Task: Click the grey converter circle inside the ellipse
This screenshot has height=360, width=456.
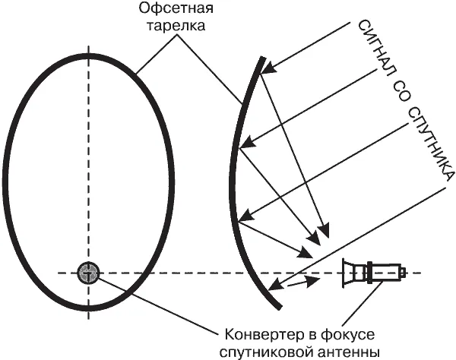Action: pos(88,272)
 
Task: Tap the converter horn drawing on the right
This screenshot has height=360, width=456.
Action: pos(372,272)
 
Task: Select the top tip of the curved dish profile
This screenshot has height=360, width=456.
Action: pos(263,57)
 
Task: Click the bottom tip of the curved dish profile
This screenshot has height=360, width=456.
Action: pos(280,307)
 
